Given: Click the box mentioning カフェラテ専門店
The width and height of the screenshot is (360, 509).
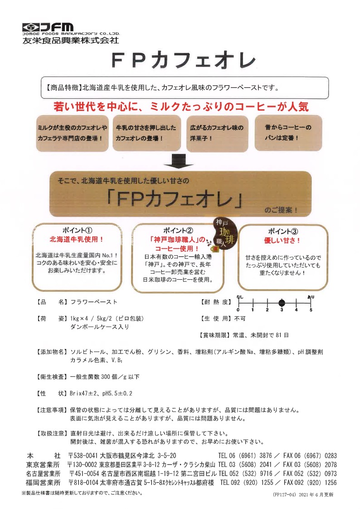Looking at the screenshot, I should pyautogui.click(x=73, y=133).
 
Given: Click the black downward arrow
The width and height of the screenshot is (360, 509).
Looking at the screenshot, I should pyautogui.click(x=180, y=160).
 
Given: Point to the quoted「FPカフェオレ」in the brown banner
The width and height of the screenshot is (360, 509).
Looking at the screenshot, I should pyautogui.click(x=175, y=199).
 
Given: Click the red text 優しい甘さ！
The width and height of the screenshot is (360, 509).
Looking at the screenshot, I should pyautogui.click(x=282, y=241).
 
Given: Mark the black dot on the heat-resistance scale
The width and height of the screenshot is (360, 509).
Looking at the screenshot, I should pyautogui.click(x=282, y=303).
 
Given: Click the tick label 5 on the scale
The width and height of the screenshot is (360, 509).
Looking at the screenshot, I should pyautogui.click(x=311, y=310).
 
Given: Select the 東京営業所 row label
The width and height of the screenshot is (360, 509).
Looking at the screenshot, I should pyautogui.click(x=43, y=465).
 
